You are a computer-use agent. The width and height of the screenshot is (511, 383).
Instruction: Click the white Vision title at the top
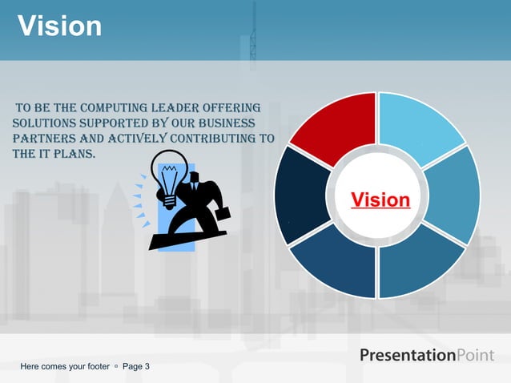point(60,26)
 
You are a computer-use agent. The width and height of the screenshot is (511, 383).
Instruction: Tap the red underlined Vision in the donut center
point(380,200)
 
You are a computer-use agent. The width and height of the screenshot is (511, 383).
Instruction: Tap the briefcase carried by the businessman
point(221,215)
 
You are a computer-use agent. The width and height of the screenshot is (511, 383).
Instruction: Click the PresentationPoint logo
point(426,355)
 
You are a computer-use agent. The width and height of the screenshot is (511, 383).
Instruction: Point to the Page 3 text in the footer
point(135,367)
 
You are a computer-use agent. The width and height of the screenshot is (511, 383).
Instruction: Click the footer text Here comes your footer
point(65,367)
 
